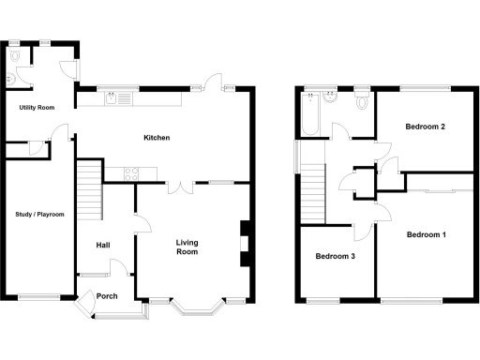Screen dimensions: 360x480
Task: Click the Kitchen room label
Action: pyautogui.click(x=157, y=139)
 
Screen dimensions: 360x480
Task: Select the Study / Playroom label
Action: pyautogui.click(x=40, y=215)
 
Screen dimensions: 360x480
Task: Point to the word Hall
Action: pyautogui.click(x=104, y=246)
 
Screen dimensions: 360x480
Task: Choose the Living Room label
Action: pyautogui.click(x=188, y=247)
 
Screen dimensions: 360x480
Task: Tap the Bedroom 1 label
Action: pyautogui.click(x=426, y=234)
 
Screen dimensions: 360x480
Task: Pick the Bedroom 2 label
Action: pyautogui.click(x=425, y=127)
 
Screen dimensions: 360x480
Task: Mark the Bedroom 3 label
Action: pyautogui.click(x=335, y=256)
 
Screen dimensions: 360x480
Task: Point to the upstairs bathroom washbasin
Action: pyautogui.click(x=329, y=96)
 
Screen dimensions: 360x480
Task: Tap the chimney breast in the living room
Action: pyautogui.click(x=246, y=243)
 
